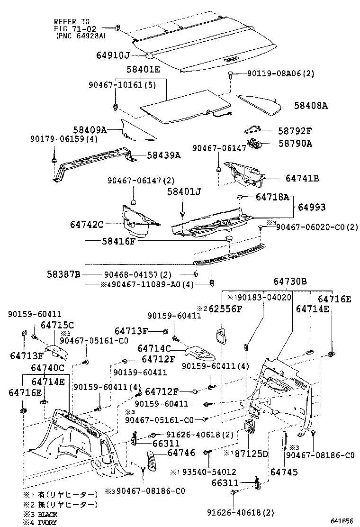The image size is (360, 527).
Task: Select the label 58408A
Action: [x=311, y=106]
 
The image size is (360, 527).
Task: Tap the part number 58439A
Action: [x=163, y=154]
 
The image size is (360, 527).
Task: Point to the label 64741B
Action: [x=302, y=179]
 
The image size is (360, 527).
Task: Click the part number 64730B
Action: [x=290, y=282]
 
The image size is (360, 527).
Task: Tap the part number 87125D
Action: [x=252, y=454]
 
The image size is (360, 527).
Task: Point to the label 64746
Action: [x=181, y=453]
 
